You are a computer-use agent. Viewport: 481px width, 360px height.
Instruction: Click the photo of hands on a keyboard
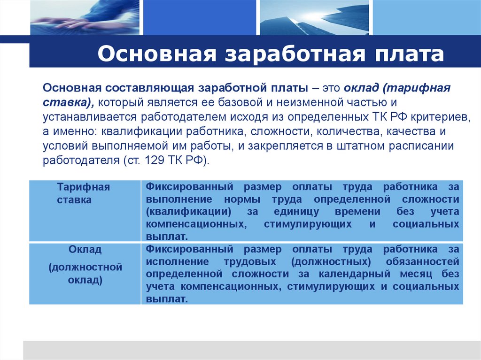[x=85, y=18]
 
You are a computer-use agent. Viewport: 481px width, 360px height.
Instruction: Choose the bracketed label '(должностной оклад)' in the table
[x=85, y=274]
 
